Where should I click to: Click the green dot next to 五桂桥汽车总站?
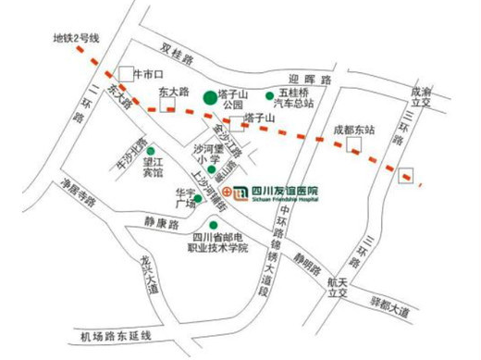pos(270,94)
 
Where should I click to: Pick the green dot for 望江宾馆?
pos(150,150)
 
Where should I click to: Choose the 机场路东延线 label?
pos(116,335)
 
